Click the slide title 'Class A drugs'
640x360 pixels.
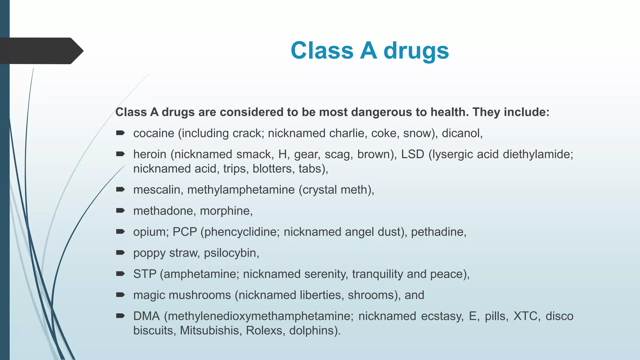click(370, 51)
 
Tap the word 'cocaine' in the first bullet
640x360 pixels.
click(154, 133)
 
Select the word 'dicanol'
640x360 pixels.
click(461, 133)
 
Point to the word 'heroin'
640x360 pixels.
click(150, 154)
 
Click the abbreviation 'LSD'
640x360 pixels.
click(412, 154)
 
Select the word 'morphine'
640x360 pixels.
click(226, 211)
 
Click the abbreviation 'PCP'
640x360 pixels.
click(185, 232)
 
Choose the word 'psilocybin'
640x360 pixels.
click(231, 253)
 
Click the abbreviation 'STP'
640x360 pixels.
click(145, 274)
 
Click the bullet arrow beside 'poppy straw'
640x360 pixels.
click(120, 252)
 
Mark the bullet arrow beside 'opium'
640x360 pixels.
click(120, 232)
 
